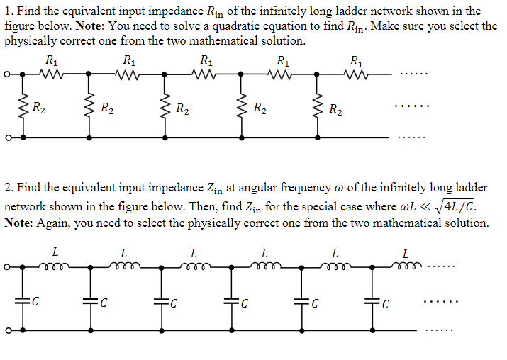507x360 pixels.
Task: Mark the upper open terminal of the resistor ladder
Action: click(x=7, y=73)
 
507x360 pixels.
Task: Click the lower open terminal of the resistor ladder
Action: click(x=7, y=138)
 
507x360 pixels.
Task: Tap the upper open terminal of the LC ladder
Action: click(x=7, y=268)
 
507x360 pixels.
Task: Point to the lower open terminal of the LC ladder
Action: click(x=7, y=330)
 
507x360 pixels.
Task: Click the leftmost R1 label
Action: click(x=52, y=60)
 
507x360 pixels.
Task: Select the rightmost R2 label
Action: click(x=338, y=108)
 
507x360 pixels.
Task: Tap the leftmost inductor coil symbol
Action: click(x=56, y=267)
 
